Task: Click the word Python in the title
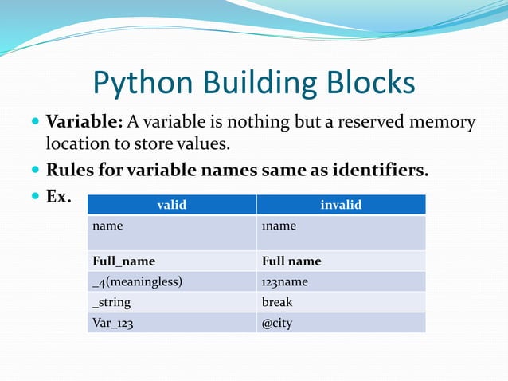click(x=140, y=84)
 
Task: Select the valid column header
click(x=171, y=205)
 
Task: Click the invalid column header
click(x=341, y=205)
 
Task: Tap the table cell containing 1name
click(x=279, y=226)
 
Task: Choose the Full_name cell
click(x=123, y=261)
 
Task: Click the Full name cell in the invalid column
click(x=291, y=261)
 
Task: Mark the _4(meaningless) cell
click(x=138, y=281)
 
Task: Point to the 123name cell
click(x=284, y=281)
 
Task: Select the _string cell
click(x=111, y=302)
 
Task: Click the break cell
click(x=277, y=302)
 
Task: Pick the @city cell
click(x=277, y=323)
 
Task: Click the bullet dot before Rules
click(x=34, y=171)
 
